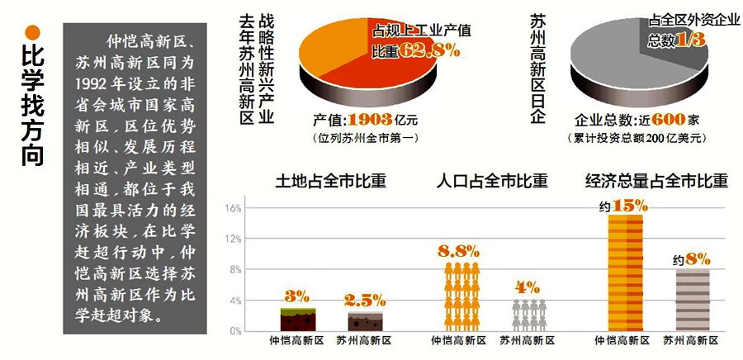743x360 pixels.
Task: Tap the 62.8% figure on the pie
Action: pos(430,51)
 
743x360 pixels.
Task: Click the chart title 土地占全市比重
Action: pos(330,181)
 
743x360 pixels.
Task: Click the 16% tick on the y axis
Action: pos(232,208)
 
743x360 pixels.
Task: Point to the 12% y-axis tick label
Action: pos(232,239)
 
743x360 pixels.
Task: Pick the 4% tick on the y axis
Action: pos(234,301)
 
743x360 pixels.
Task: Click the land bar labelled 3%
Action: pos(297,319)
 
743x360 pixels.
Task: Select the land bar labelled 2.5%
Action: pos(364,321)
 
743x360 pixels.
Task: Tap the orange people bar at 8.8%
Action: pos(462,297)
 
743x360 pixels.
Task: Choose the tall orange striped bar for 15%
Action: pos(625,272)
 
